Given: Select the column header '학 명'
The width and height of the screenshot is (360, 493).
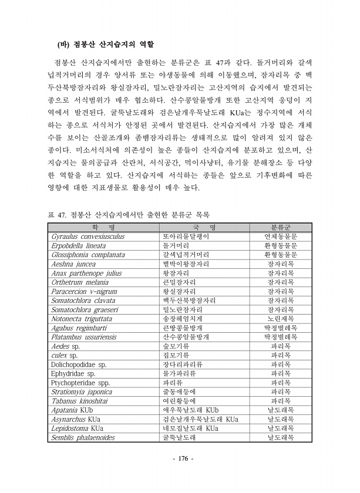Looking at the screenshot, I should coord(103,227).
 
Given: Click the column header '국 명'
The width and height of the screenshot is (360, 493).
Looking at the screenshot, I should coord(204,227).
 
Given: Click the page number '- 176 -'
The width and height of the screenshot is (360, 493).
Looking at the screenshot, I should coord(180,458).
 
